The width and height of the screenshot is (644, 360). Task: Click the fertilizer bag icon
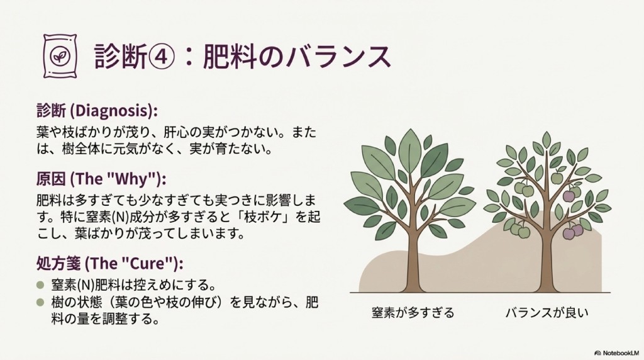(60, 56)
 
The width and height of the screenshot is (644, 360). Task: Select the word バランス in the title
(337, 56)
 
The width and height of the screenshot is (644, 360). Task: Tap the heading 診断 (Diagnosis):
(97, 111)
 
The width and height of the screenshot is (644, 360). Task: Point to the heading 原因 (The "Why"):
(101, 179)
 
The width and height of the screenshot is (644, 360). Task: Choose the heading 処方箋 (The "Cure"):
(109, 264)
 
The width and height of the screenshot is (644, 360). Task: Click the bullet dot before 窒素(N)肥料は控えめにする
(40, 284)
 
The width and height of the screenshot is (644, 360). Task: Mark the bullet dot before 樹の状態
(40, 303)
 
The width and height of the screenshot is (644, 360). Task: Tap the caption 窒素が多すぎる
(413, 313)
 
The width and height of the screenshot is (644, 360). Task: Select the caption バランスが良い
(547, 313)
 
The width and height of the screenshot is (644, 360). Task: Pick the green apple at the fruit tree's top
(557, 177)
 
